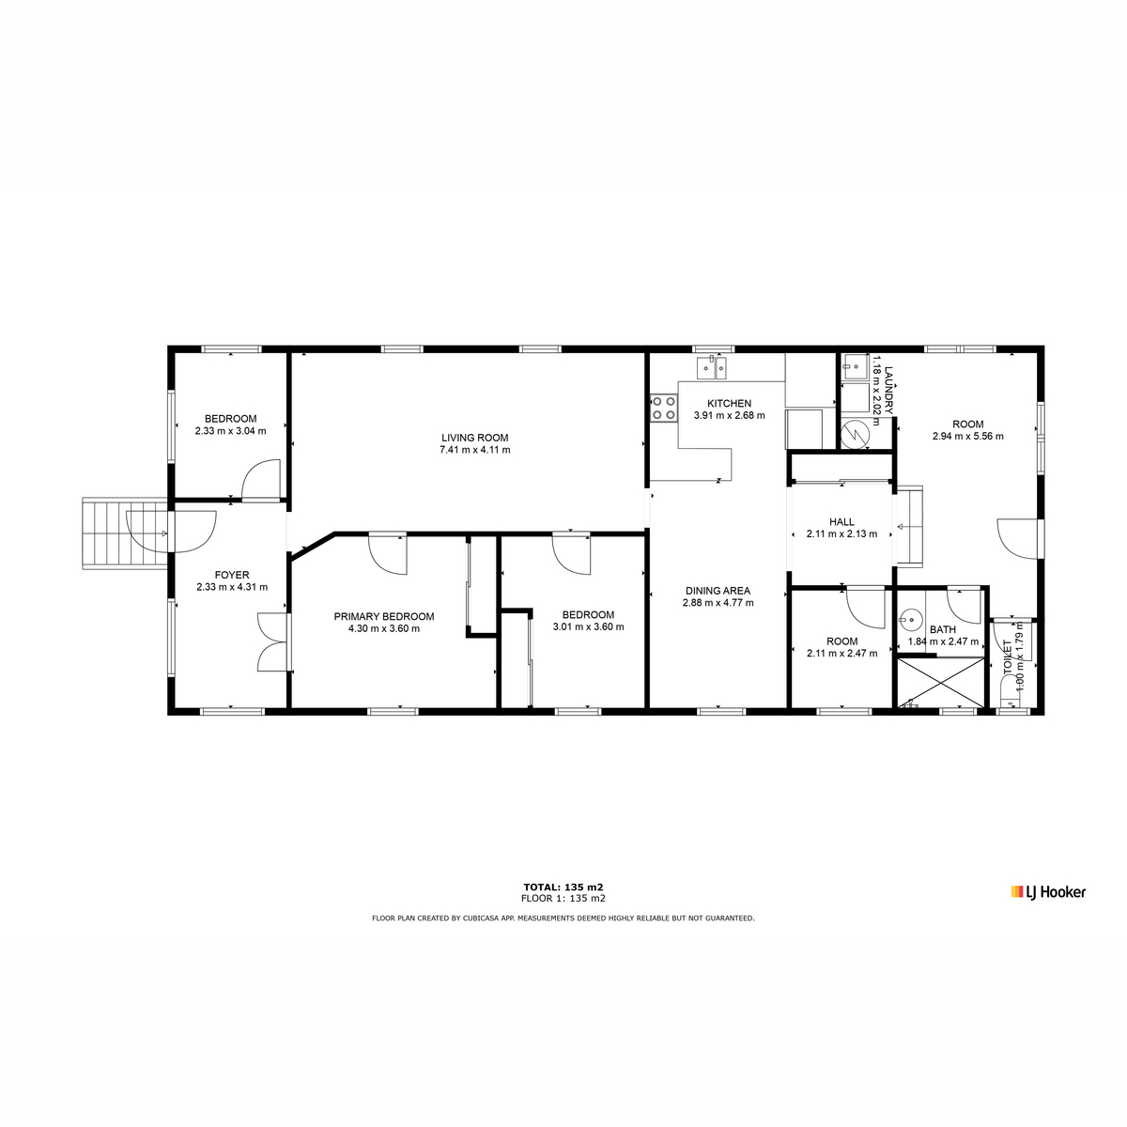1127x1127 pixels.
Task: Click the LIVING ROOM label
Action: pos(474,438)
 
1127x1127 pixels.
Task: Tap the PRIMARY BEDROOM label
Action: pos(384,616)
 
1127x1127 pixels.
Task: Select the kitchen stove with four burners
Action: pos(664,408)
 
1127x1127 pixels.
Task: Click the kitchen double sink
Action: pos(712,367)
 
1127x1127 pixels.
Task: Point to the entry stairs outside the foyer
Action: pos(125,533)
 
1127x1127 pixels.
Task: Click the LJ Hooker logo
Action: pos(1048,892)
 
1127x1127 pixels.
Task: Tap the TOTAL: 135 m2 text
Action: pos(563,887)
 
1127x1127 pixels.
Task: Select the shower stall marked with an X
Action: pos(941,683)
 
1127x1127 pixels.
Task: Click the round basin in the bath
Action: pos(910,618)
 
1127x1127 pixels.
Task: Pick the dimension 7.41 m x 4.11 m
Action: pos(475,450)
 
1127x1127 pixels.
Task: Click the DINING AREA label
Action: pos(718,591)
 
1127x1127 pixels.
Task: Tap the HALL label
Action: pos(841,521)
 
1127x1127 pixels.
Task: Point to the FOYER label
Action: pos(232,575)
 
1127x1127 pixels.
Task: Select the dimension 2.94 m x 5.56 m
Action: pos(968,437)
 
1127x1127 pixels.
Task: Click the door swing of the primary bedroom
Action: pos(387,553)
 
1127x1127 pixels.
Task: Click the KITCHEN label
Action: pos(730,403)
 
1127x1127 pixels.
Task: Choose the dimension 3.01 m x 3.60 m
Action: pos(588,627)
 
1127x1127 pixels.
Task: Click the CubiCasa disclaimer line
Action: pos(563,919)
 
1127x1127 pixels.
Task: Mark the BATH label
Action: pos(943,629)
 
